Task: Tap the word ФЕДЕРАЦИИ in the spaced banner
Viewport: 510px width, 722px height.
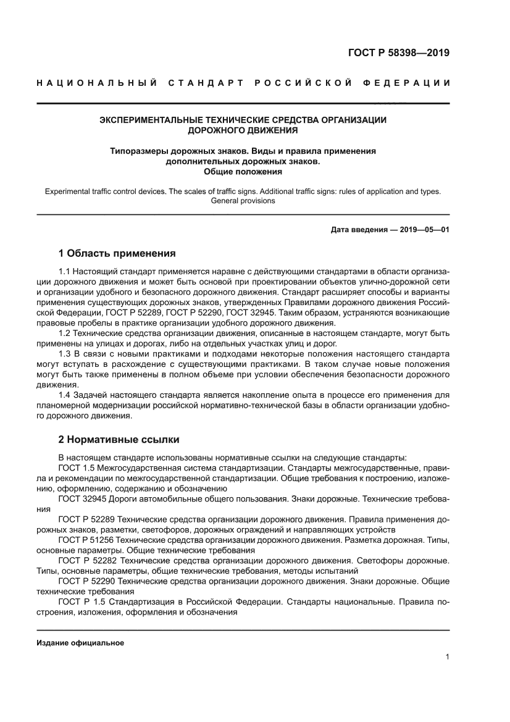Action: (412, 83)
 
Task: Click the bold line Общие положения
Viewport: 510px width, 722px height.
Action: (243, 172)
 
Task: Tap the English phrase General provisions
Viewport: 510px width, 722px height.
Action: (243, 201)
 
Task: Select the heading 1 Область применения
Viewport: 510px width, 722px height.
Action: (117, 253)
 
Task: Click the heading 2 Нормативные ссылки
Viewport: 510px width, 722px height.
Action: (119, 440)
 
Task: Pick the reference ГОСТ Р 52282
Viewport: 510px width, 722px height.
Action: (87, 560)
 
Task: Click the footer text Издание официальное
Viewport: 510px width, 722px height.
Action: (80, 643)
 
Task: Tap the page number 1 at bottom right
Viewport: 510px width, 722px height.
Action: (446, 657)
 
